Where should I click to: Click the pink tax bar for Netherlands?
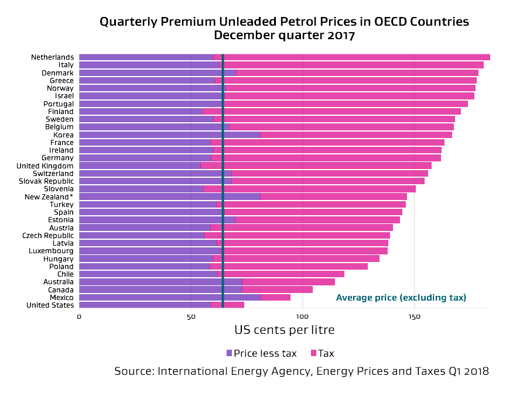[351, 57]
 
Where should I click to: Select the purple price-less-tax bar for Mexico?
[170, 297]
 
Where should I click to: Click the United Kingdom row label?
[45, 166]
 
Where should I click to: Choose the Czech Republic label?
[48, 235]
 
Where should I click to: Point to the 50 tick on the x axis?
[191, 316]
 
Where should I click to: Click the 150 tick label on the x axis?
[414, 316]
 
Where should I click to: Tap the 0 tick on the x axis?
[79, 316]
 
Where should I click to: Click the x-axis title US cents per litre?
[285, 330]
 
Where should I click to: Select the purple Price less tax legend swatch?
[229, 353]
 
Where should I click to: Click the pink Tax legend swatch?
[313, 353]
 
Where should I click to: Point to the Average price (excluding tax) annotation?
[401, 298]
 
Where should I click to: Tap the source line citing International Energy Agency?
[302, 371]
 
